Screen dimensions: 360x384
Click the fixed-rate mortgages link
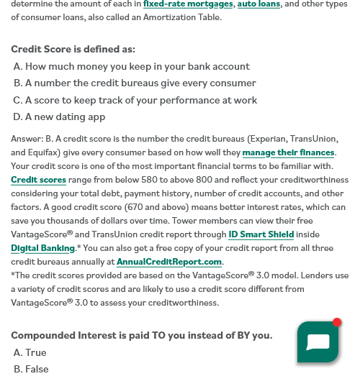pos(189,4)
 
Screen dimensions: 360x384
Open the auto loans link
pos(258,4)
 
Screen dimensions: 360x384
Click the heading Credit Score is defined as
pos(73,50)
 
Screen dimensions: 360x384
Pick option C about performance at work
pos(135,101)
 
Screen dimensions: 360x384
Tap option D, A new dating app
pos(60,116)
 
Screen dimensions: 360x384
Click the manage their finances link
pos(288,152)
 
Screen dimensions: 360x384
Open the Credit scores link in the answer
pos(38,180)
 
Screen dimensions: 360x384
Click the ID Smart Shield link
pos(261,234)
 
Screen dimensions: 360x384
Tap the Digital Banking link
pos(42,248)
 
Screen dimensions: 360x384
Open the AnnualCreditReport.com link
pos(169,262)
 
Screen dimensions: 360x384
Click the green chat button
pos(317,342)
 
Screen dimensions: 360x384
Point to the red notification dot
pos(337,322)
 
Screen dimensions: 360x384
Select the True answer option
pos(30,352)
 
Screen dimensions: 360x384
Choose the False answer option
pos(32,369)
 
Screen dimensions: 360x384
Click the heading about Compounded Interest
pos(141,335)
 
